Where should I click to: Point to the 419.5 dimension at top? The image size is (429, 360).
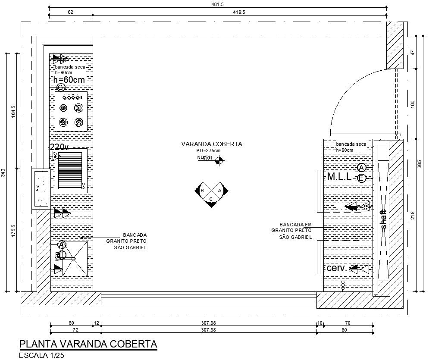click(x=239, y=13)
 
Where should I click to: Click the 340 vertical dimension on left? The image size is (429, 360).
click(x=3, y=173)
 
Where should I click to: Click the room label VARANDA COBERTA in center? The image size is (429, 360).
click(x=212, y=144)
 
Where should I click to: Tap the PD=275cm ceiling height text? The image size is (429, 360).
click(x=208, y=150)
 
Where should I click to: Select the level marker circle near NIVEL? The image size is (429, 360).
click(x=219, y=160)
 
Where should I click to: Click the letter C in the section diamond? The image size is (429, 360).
click(x=211, y=199)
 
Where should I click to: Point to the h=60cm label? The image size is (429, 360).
click(x=69, y=80)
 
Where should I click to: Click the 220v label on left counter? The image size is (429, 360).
click(x=59, y=147)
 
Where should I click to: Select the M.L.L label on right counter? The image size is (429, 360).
click(x=339, y=176)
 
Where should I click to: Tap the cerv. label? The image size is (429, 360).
click(x=337, y=268)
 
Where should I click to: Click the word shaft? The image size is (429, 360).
click(x=384, y=219)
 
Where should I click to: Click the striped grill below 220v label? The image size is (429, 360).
click(x=70, y=169)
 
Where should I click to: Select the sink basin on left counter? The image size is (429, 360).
click(x=75, y=258)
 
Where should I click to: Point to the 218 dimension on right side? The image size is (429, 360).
click(x=413, y=215)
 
